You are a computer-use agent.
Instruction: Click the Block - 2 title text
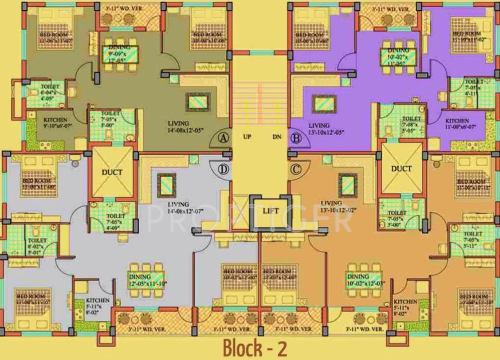pyautogui.click(x=255, y=346)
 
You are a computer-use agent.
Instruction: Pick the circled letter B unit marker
pyautogui.click(x=296, y=138)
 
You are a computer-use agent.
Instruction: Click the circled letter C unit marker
pyautogui.click(x=296, y=169)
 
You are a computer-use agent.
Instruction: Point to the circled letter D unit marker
pyautogui.click(x=223, y=169)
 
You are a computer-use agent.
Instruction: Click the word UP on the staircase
pyautogui.click(x=246, y=136)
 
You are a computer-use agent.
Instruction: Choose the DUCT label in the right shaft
pyautogui.click(x=401, y=168)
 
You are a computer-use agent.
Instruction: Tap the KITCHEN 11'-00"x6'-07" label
pyautogui.click(x=457, y=124)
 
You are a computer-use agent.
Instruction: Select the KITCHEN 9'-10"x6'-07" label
pyautogui.click(x=56, y=123)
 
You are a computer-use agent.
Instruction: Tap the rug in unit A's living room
pyautogui.click(x=196, y=102)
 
